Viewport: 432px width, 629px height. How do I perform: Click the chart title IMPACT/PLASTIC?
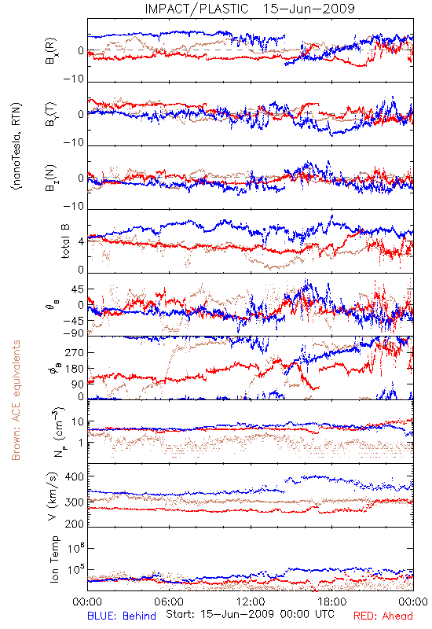196,9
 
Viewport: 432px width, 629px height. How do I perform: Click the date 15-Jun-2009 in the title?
309,9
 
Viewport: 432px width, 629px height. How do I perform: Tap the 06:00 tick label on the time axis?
169,601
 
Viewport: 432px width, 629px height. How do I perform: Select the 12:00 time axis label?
251,601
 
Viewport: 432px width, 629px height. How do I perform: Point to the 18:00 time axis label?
332,601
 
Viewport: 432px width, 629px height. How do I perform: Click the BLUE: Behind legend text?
122,616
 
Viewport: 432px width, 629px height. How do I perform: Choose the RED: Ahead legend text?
383,616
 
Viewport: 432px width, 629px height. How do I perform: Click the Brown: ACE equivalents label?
16,400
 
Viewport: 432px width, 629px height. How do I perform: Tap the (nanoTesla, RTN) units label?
16,146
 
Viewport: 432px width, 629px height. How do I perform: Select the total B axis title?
65,241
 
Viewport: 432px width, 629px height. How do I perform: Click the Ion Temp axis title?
54,559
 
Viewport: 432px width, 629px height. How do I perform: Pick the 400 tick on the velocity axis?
75,476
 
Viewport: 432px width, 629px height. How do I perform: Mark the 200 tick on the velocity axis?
75,524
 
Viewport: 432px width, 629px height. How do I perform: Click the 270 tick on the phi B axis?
75,352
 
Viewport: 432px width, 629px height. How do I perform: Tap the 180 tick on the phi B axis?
75,369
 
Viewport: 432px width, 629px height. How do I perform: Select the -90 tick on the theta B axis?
73,333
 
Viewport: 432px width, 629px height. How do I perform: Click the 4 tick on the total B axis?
81,242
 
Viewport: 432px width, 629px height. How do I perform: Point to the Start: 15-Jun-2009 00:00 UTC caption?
250,614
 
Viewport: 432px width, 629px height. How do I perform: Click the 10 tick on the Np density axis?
78,421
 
